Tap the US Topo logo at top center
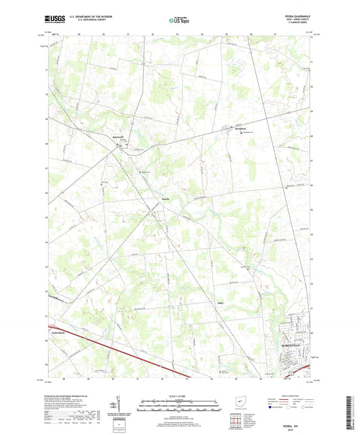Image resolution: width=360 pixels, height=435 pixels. click(179, 20)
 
